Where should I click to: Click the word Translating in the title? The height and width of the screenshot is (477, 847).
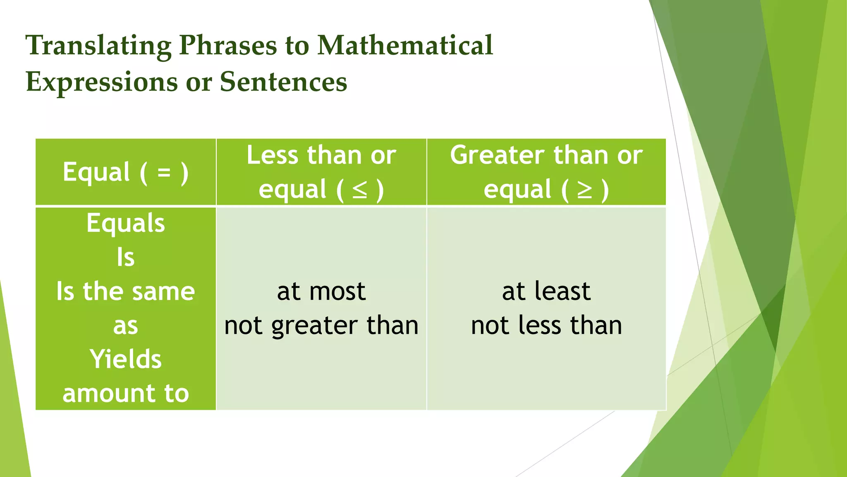click(98, 46)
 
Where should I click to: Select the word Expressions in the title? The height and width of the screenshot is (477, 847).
click(102, 82)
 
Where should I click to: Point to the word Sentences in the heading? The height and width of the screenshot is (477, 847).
click(283, 81)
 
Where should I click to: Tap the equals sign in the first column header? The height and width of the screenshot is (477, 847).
click(164, 172)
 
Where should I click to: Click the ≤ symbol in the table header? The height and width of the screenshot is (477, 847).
click(359, 190)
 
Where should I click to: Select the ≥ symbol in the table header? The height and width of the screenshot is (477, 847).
click(584, 190)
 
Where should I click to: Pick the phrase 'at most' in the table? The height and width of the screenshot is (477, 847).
click(321, 291)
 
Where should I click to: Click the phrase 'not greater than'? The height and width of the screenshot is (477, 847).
click(321, 325)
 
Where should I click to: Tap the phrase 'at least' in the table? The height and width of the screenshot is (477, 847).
click(546, 291)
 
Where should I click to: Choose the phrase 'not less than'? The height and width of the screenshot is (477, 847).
click(546, 325)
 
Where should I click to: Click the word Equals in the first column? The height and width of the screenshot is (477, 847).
click(126, 223)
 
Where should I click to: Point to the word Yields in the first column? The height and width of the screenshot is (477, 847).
click(126, 359)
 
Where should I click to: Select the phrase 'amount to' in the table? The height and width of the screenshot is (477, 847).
click(126, 393)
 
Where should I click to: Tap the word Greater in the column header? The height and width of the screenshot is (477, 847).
click(497, 155)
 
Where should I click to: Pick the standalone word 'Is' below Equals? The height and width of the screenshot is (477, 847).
click(126, 257)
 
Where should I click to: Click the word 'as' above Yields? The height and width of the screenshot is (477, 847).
click(126, 326)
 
